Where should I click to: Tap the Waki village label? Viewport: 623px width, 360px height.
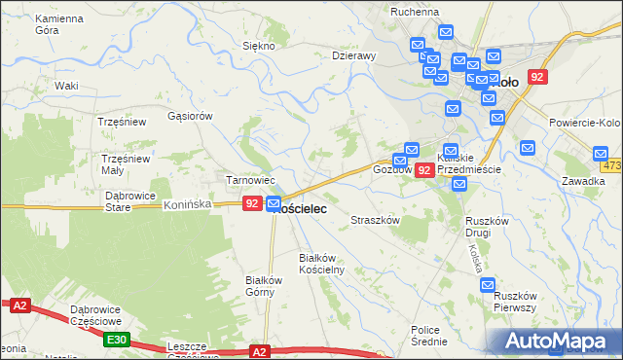pyautogui.click(x=66, y=86)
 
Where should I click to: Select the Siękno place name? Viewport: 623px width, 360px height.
pyautogui.click(x=258, y=46)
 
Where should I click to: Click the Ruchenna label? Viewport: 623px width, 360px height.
pyautogui.click(x=415, y=12)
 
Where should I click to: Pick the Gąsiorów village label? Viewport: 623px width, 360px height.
pyautogui.click(x=189, y=115)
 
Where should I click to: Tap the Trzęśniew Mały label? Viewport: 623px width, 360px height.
pyautogui.click(x=127, y=163)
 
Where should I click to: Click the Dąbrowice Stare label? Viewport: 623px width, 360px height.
pyautogui.click(x=130, y=200)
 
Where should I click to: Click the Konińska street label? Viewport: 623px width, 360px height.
pyautogui.click(x=188, y=205)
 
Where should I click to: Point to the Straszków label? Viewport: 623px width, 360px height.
pyautogui.click(x=376, y=221)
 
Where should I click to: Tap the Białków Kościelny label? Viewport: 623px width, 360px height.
pyautogui.click(x=321, y=263)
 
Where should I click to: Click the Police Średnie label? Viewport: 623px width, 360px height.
pyautogui.click(x=429, y=336)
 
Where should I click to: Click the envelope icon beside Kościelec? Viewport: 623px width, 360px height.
pyautogui.click(x=274, y=203)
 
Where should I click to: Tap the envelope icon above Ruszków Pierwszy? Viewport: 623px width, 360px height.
pyautogui.click(x=489, y=284)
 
